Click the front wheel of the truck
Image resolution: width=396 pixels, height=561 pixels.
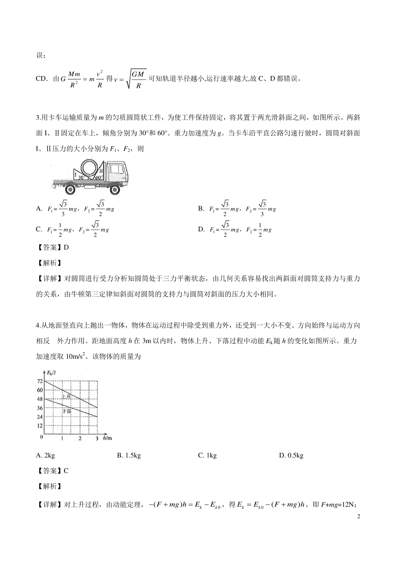point(115,190)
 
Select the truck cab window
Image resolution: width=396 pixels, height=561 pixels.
point(115,168)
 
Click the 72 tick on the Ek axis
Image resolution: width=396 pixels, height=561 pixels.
point(40,381)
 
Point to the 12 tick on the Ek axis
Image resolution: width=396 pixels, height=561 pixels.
point(40,426)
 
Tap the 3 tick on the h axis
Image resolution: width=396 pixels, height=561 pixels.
point(97,438)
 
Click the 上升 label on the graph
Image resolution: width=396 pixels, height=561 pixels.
point(66,397)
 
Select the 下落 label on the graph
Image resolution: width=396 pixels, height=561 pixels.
point(67,411)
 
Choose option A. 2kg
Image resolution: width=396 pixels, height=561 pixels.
point(46,455)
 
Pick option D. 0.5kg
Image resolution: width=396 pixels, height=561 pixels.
point(291,455)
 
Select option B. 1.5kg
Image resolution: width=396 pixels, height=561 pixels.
point(129,455)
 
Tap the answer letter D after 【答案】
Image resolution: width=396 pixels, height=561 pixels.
point(66,247)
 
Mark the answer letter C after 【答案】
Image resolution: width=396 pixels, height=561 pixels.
point(66,471)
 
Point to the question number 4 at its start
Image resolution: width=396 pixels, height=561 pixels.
point(38,325)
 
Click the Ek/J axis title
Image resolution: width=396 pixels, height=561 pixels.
point(51,373)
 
